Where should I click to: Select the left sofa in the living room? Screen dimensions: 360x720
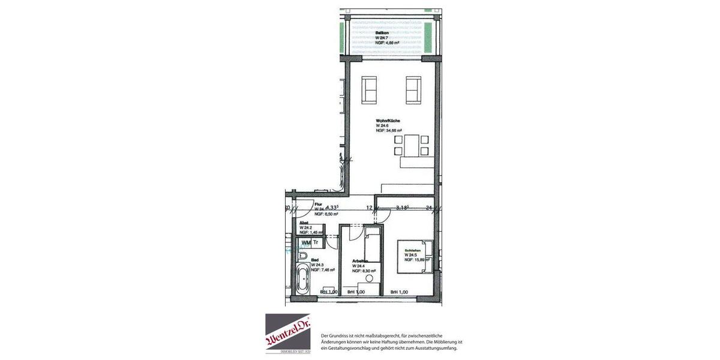369,89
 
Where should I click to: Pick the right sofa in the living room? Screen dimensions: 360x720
413,89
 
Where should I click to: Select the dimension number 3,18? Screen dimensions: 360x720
403,208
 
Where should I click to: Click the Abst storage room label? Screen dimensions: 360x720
304,223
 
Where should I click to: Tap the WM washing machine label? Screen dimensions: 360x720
306,242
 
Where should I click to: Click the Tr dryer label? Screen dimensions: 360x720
316,242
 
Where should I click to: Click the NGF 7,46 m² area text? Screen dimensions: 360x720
323,270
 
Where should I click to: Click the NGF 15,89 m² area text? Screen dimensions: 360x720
418,260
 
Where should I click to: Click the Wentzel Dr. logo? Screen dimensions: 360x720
288,333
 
